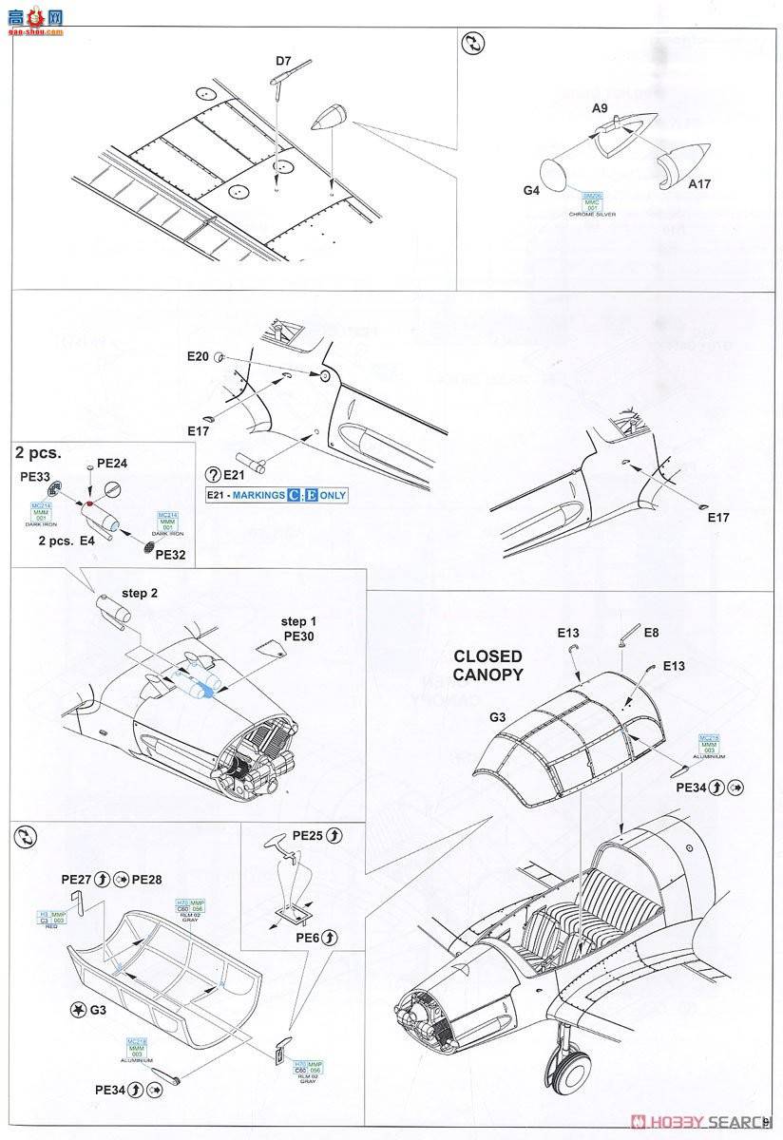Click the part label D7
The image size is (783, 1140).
click(283, 62)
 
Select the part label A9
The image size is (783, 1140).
click(600, 108)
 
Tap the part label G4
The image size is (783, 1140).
click(532, 190)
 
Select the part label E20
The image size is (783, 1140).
click(197, 356)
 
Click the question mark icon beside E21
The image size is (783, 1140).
click(213, 475)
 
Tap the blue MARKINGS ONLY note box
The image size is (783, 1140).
click(277, 495)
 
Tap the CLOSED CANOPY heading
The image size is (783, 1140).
click(487, 665)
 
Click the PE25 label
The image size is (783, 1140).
click(308, 836)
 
